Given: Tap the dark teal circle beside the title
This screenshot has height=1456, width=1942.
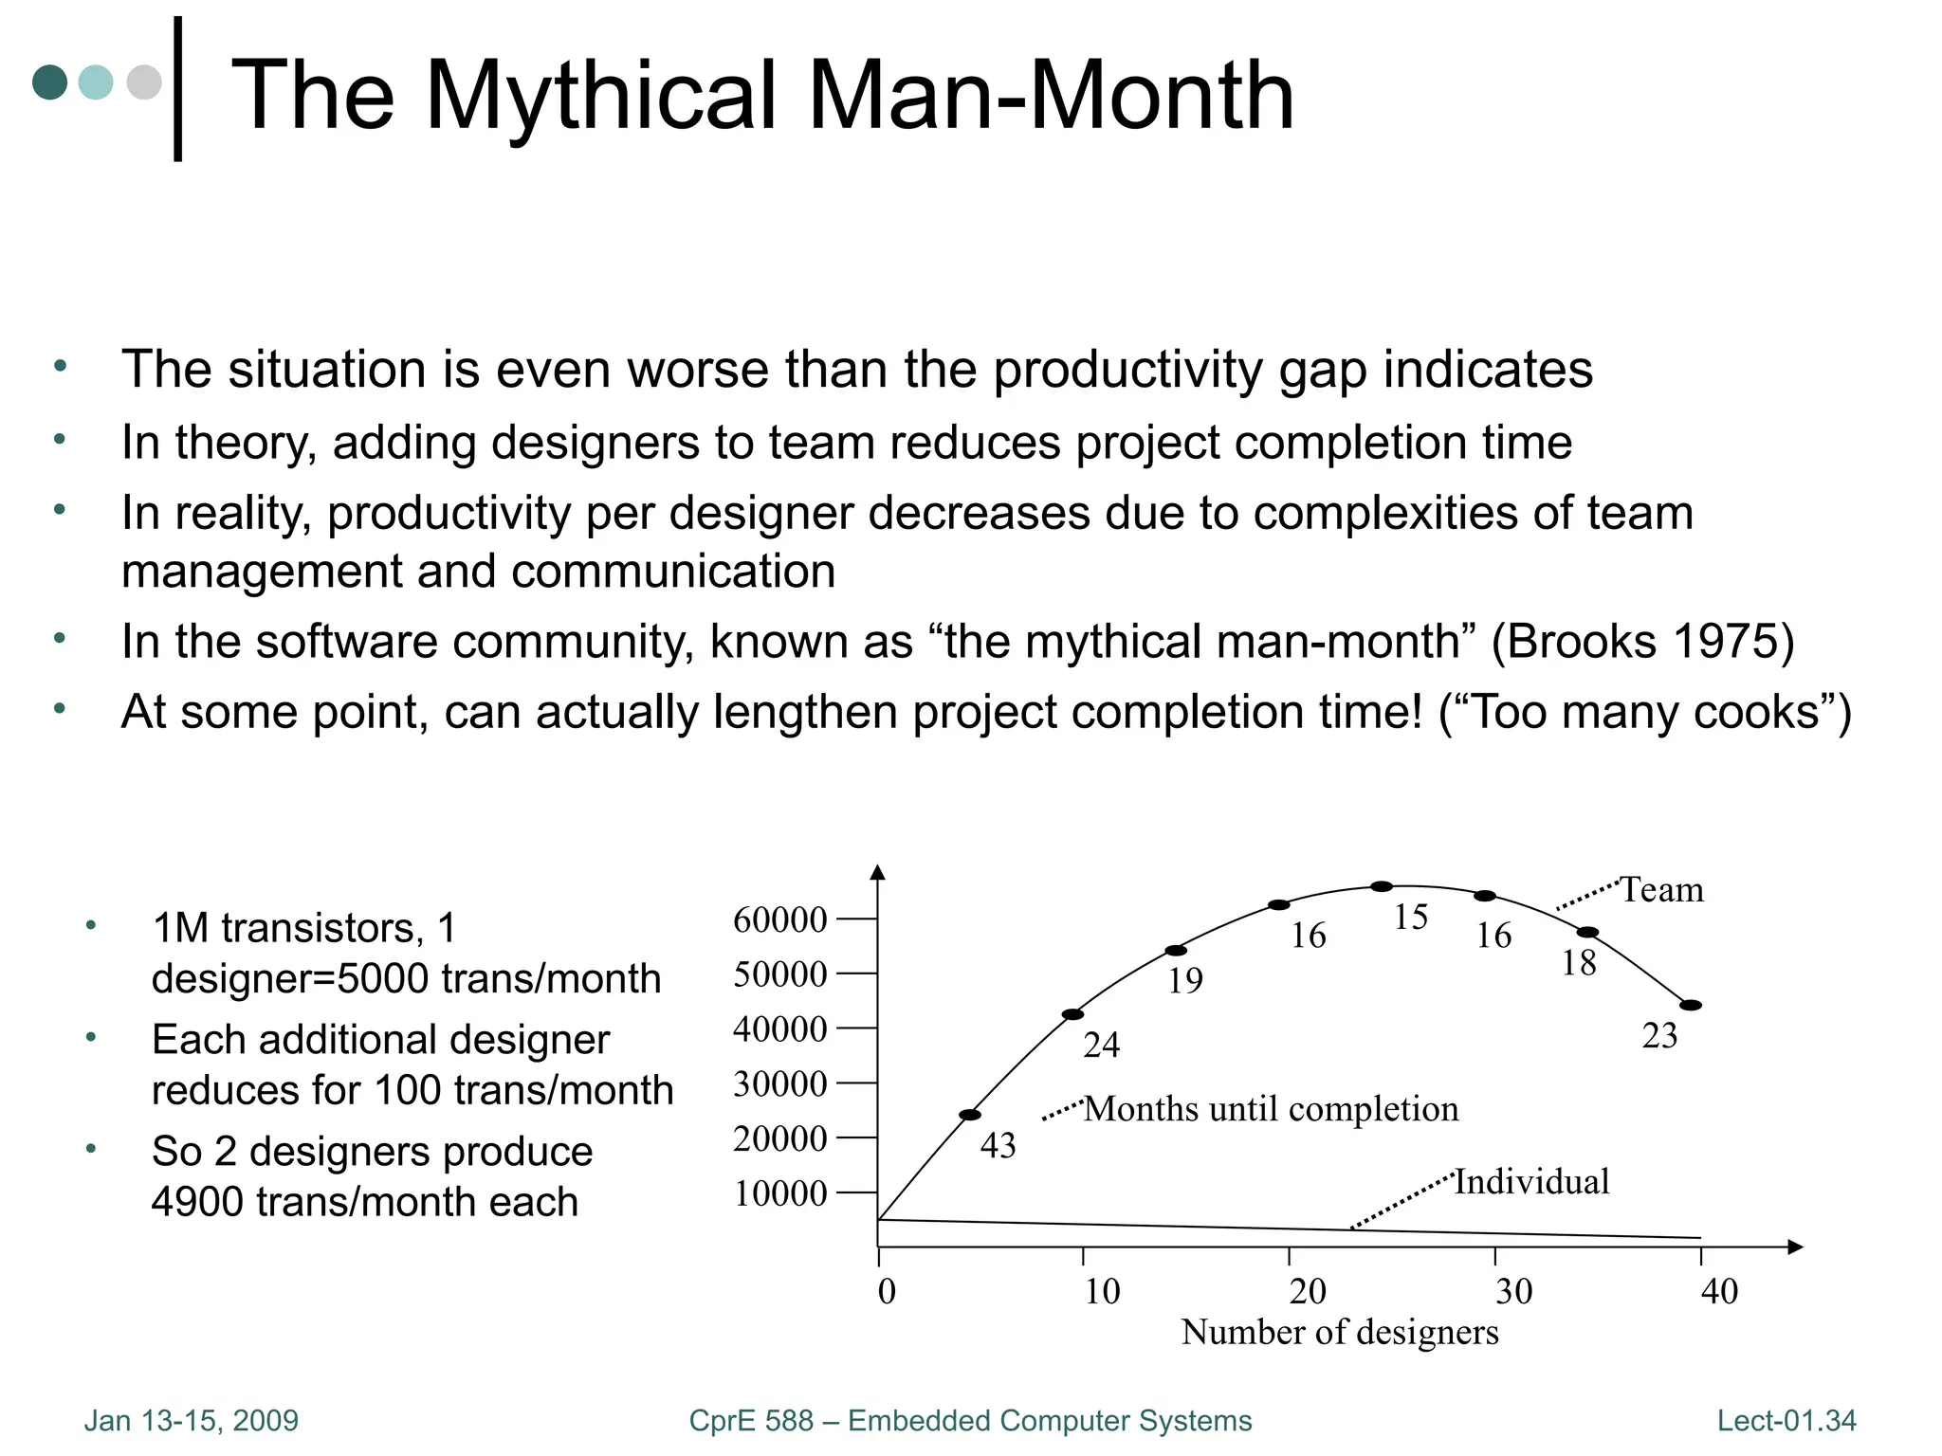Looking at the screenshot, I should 50,82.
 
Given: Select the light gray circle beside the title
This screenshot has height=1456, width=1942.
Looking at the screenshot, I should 144,82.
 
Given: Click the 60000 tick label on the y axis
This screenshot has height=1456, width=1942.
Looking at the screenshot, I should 779,919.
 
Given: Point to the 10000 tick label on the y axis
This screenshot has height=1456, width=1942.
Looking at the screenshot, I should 779,1193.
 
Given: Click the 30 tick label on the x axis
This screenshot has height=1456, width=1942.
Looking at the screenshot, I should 1513,1291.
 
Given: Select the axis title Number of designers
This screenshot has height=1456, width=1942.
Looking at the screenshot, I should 1339,1333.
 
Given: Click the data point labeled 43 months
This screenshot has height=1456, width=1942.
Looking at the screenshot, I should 970,1115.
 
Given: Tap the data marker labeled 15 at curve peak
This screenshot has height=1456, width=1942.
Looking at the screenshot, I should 1382,887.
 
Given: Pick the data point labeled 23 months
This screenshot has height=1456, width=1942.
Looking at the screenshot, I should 1691,1006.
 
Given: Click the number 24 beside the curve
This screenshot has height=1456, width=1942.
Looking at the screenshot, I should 1102,1046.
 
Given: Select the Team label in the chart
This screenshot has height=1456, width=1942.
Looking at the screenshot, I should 1661,890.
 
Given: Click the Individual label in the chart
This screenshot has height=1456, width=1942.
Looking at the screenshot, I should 1532,1182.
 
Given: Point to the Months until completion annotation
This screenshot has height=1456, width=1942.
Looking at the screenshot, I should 1271,1109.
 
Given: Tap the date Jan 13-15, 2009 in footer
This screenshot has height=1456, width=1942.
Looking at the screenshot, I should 191,1421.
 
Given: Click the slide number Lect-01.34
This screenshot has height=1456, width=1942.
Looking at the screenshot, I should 1786,1421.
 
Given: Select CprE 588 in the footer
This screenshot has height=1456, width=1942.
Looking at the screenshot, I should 751,1421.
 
